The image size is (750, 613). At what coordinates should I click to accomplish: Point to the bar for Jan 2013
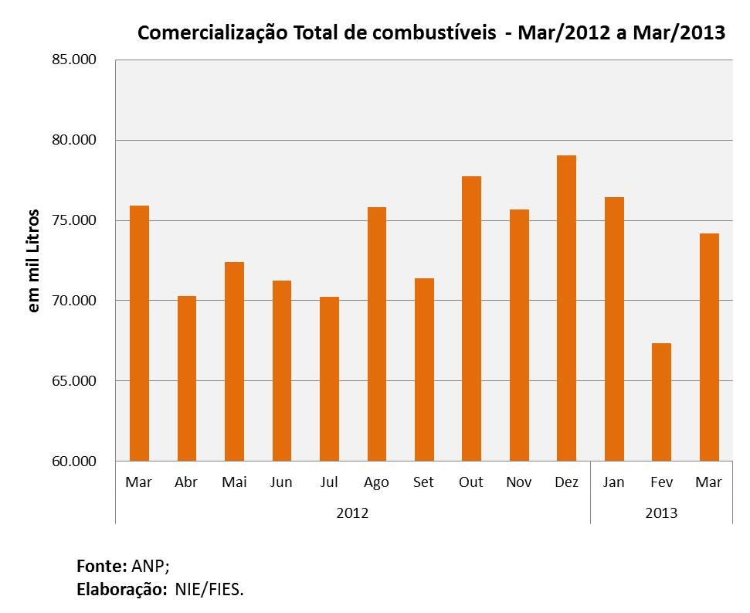click(x=614, y=329)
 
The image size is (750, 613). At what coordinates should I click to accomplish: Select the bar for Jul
click(x=329, y=379)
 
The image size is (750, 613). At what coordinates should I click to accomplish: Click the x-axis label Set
click(x=424, y=482)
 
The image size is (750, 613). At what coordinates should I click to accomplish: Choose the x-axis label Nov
click(x=518, y=482)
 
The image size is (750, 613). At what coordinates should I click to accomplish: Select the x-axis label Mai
click(x=234, y=482)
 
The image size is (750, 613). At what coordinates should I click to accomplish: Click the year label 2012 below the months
click(x=352, y=513)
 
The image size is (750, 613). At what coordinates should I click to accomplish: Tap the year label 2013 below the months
click(x=661, y=513)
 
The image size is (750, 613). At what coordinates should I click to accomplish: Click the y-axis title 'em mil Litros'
click(x=33, y=261)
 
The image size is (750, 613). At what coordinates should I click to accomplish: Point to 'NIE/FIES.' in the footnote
click(x=209, y=590)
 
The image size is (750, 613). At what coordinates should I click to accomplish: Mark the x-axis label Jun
click(x=281, y=482)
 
